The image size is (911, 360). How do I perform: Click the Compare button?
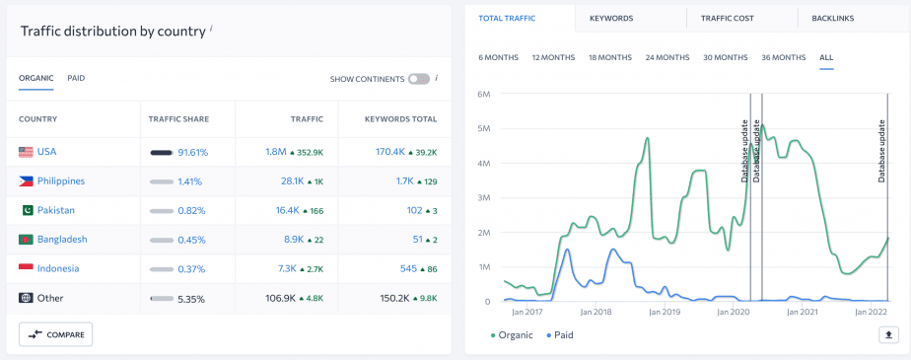(55, 334)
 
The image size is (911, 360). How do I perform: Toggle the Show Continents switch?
(419, 78)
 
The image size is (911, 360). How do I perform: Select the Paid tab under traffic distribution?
(76, 78)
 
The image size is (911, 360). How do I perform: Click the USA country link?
(47, 152)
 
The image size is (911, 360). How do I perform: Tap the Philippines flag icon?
(27, 181)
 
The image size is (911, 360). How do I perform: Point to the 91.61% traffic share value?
(192, 153)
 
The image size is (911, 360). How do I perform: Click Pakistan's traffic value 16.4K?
(287, 210)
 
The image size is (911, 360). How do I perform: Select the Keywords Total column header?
(400, 119)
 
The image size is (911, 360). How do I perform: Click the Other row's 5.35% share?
(191, 298)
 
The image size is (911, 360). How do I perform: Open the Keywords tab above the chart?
(611, 18)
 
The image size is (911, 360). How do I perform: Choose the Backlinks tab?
(834, 18)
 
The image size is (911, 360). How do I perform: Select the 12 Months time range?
(553, 57)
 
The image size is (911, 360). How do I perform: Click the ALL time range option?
(826, 57)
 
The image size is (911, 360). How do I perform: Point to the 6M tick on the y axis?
(484, 95)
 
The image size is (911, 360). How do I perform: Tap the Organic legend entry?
(513, 335)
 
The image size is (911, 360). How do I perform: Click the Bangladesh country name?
(62, 240)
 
